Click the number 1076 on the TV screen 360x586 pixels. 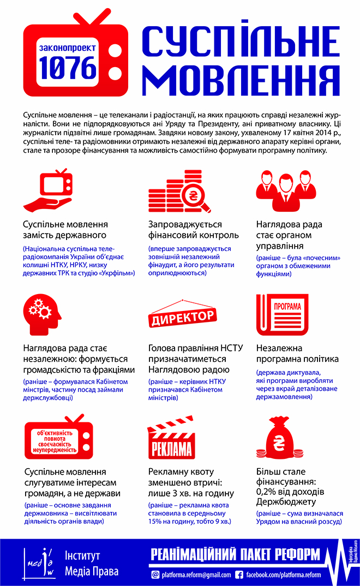click(x=68, y=68)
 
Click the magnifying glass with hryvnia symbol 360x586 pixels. click(x=194, y=198)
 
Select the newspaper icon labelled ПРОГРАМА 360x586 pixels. click(x=281, y=316)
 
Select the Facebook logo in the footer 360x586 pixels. click(x=239, y=575)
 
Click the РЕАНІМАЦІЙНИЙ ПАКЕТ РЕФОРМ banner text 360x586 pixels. click(x=235, y=555)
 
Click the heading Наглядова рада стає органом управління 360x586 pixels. click(x=290, y=235)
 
